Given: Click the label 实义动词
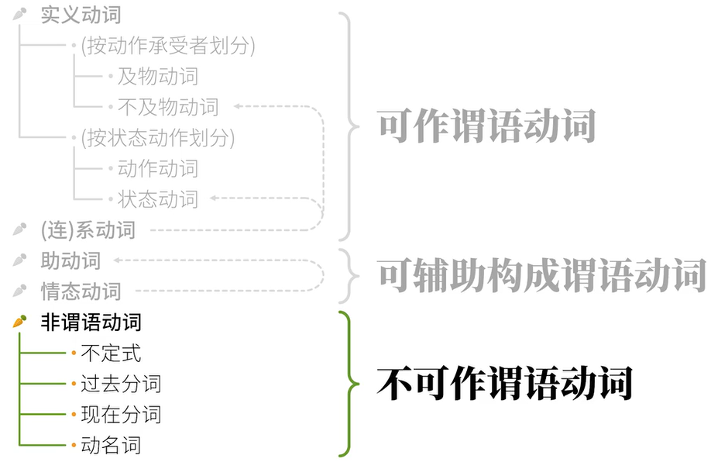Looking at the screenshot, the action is tap(81, 15).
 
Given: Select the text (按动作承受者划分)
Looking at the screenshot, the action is tap(167, 46).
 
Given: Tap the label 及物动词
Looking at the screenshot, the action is tap(158, 76).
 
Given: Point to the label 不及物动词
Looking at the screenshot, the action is tap(168, 107).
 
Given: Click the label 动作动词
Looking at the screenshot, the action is tap(158, 168).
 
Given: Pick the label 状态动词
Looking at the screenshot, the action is tap(158, 199).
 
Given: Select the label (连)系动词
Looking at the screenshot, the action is tap(88, 229).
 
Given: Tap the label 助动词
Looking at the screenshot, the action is tap(70, 260).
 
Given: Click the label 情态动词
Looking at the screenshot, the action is tap(81, 291).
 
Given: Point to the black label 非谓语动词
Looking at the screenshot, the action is tap(91, 322).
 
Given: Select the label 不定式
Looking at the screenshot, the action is tap(111, 353).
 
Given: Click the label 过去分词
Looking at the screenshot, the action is tap(121, 384).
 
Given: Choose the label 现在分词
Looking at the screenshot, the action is tap(121, 414).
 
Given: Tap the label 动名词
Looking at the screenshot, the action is tap(111, 445).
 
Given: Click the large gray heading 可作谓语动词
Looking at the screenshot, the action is tap(486, 124).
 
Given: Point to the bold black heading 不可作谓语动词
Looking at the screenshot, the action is tap(504, 383).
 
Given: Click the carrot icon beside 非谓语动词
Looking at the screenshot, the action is tap(20, 321).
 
